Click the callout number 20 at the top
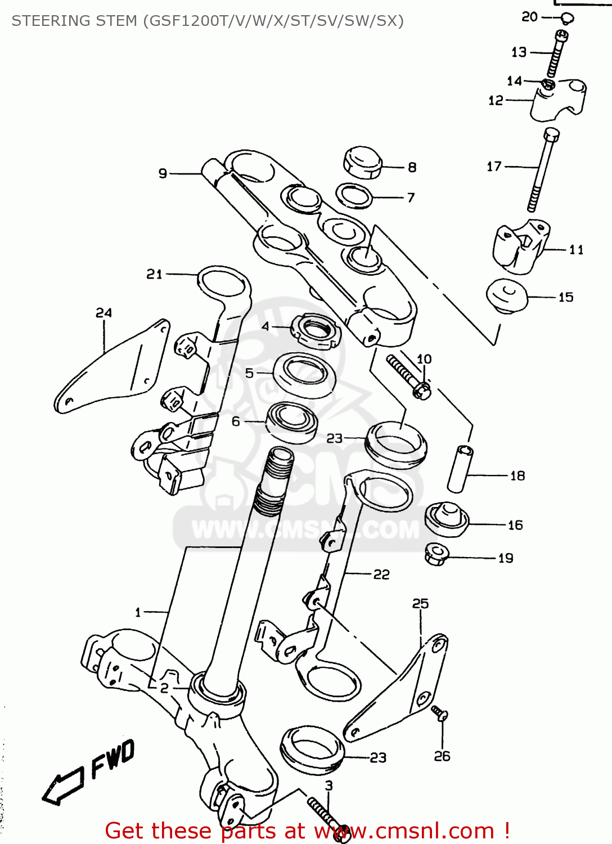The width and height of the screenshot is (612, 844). point(529,17)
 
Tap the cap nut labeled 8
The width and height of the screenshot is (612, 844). point(362,163)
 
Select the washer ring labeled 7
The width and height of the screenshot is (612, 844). point(354,195)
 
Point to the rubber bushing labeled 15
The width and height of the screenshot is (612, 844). point(506,295)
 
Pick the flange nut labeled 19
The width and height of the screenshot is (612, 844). point(436,555)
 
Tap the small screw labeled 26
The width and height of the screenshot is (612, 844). point(440,713)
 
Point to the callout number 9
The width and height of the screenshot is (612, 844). point(163,173)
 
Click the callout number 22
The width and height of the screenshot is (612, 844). point(381,574)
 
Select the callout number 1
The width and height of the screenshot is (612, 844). point(138,612)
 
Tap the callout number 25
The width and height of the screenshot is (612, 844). point(420,604)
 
